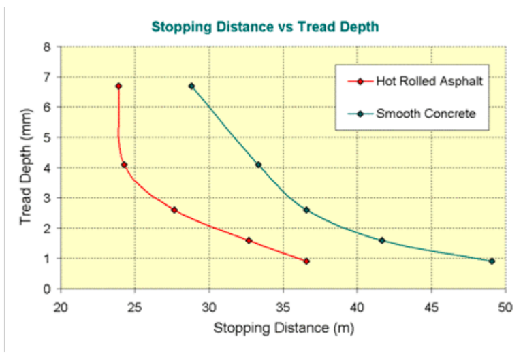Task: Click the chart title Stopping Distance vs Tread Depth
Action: point(265,27)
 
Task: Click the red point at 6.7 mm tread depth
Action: point(118,86)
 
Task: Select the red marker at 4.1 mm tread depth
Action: point(124,165)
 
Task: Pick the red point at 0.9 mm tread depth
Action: point(306,261)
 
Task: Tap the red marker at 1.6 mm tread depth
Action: point(249,240)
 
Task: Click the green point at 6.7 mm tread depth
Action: point(191,86)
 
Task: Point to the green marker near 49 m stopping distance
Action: point(492,261)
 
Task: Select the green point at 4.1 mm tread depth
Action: point(258,165)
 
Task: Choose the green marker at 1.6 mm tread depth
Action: point(382,240)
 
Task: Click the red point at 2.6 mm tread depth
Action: point(174,210)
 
